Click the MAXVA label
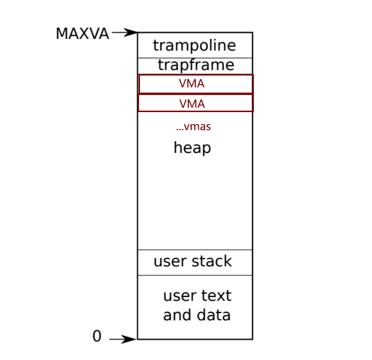coord(82,34)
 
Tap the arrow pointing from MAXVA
coord(125,33)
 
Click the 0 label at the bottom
coord(97,336)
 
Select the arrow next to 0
coord(123,339)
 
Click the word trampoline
coord(195,46)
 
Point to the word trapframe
coord(195,65)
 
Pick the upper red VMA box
coord(195,84)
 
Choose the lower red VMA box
coord(195,103)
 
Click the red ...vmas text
coord(193,127)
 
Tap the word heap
coord(192,148)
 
